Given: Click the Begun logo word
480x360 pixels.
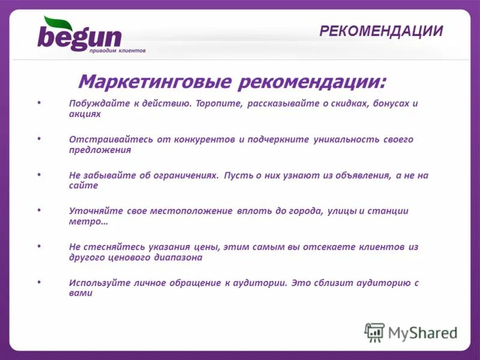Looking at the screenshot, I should click(79, 36).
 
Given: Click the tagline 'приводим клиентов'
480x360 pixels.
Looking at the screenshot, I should click(117, 52).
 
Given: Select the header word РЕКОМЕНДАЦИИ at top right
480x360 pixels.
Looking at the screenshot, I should click(381, 31).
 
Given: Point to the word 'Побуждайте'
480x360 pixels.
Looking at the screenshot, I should click(98, 103).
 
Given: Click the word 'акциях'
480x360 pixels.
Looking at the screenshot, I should click(85, 113).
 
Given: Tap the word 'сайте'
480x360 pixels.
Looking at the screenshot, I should click(83, 185).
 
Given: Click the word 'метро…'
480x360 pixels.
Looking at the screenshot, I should click(88, 221).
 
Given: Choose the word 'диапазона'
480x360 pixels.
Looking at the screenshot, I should click(178, 257).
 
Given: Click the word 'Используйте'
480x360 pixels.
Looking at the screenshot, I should click(98, 283).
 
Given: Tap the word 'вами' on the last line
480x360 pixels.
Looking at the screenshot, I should click(80, 293).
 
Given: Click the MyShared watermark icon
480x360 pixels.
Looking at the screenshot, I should click(374, 332).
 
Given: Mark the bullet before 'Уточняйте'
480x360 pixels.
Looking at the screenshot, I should click(40, 210).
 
